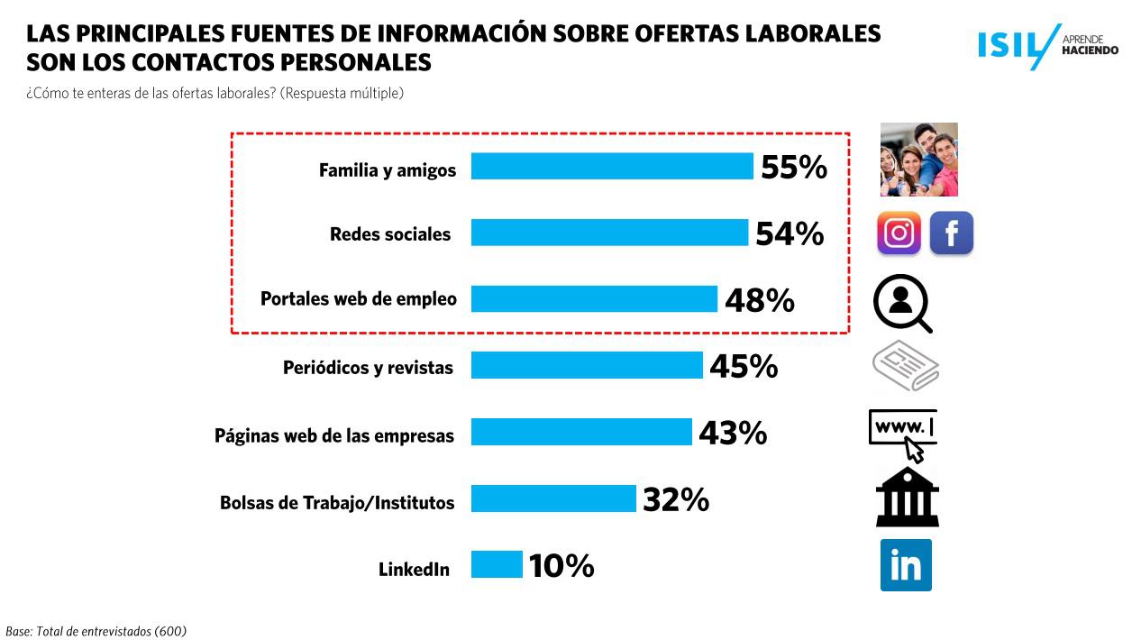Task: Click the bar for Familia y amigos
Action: (612, 167)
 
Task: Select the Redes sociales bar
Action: (609, 233)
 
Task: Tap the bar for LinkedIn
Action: (497, 564)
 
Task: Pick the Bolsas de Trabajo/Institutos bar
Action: (553, 498)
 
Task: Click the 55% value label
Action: (794, 168)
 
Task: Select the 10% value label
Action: (561, 566)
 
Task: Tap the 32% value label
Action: (676, 499)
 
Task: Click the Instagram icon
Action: (899, 233)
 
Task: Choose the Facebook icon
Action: (951, 233)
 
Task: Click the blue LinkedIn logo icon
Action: (906, 565)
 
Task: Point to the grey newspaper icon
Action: (906, 367)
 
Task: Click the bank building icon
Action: (907, 498)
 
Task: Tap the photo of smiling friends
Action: (918, 160)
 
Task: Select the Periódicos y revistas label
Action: (368, 368)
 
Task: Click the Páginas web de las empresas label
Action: (334, 435)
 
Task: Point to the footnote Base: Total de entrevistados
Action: (96, 631)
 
